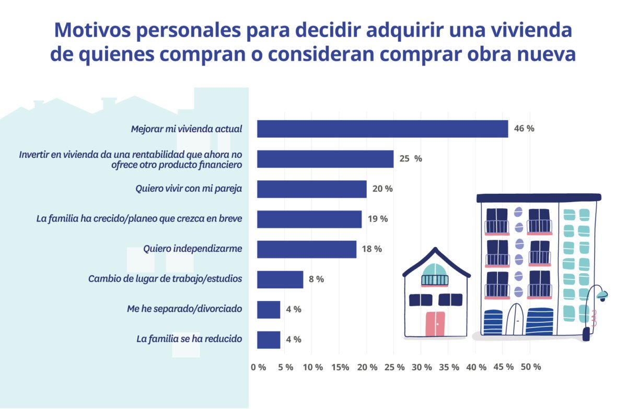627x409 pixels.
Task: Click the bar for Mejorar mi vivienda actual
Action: coord(382,129)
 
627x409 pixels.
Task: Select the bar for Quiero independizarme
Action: coord(306,249)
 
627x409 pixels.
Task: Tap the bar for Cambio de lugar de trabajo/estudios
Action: coord(280,279)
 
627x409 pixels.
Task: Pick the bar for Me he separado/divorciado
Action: coord(269,309)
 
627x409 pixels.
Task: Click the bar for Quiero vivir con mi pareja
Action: coord(311,189)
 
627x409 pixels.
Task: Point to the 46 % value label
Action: coord(524,128)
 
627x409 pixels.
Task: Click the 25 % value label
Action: coord(410,159)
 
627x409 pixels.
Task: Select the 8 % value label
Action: coord(316,279)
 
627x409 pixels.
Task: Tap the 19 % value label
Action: coord(377,219)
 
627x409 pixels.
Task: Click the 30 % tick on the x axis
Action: coord(421,367)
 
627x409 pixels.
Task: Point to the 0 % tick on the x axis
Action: coord(258,367)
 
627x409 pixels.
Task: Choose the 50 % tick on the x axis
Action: coord(530,367)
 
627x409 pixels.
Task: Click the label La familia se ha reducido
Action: coord(189,339)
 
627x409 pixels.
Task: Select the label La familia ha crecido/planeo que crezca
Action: coord(139,219)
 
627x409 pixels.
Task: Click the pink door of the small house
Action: coord(435,324)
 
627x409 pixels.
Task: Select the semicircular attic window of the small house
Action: coord(435,274)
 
